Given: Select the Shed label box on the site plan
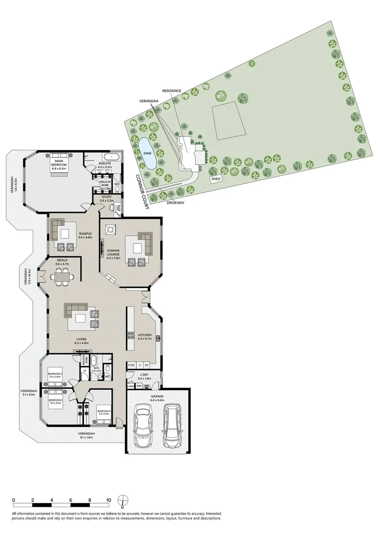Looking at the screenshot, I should pos(217,179).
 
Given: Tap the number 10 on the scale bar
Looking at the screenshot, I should pos(108,500).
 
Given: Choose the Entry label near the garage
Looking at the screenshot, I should pos(119,428).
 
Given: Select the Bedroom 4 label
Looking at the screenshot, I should pos(103,411).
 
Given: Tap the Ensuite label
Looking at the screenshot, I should pos(105,164).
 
